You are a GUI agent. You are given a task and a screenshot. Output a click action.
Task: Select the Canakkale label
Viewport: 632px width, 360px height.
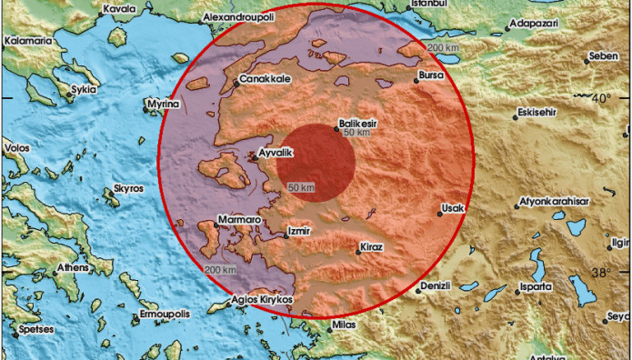[266, 79]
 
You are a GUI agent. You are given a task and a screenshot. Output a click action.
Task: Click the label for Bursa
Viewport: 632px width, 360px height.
[431, 75]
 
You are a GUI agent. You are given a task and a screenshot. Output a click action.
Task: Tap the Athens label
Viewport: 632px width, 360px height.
[73, 268]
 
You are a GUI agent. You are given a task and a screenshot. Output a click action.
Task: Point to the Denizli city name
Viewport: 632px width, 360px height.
[435, 285]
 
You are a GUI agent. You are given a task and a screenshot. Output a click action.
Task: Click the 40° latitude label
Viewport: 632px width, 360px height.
[602, 97]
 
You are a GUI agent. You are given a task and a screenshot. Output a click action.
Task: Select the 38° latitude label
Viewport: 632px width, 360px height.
[602, 272]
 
